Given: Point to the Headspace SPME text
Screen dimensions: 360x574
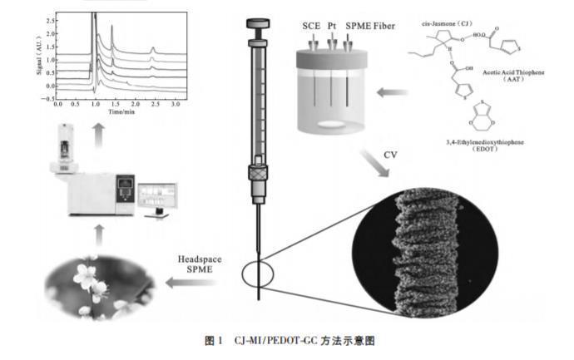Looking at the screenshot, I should pyautogui.click(x=200, y=265).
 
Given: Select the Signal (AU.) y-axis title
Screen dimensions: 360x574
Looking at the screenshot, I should pyautogui.click(x=38, y=55).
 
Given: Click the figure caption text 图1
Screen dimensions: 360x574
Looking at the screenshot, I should pyautogui.click(x=215, y=340).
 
